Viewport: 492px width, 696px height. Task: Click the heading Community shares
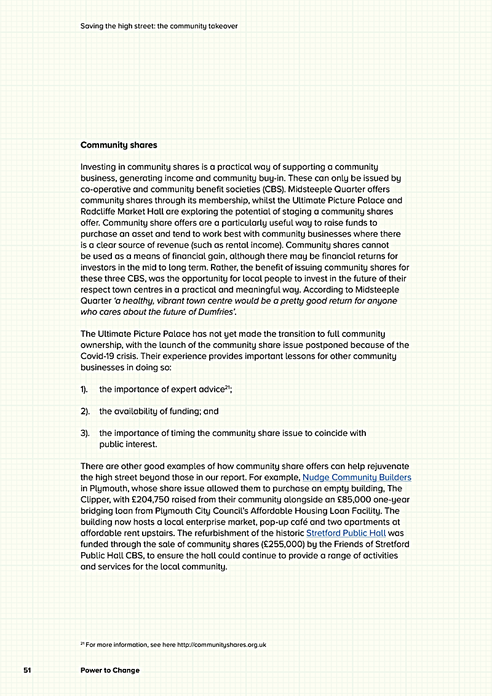tap(119, 146)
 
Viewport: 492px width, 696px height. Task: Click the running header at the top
tap(159, 26)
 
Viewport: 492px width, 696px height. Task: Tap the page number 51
tap(28, 670)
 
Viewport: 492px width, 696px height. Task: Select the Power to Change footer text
tap(110, 670)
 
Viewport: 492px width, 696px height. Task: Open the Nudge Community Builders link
tap(357, 477)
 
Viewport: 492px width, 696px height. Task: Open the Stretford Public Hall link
tap(346, 533)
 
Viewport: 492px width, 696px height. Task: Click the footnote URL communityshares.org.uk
tap(221, 644)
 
